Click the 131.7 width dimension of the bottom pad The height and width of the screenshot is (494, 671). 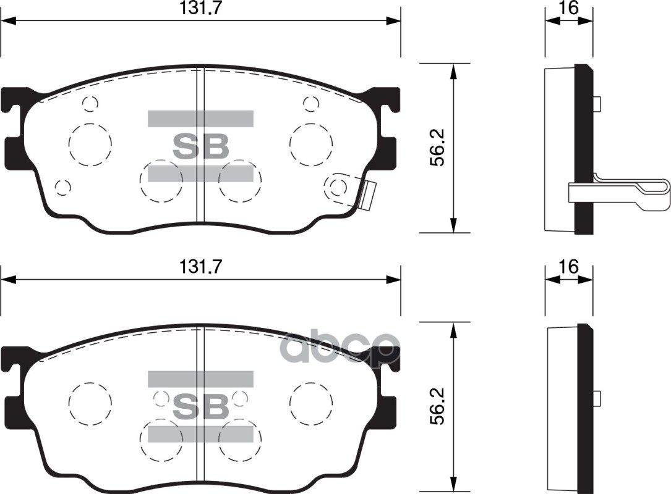pos(201,267)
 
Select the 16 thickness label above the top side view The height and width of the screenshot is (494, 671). pos(568,8)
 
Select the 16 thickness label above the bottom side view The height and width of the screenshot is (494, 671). pos(568,267)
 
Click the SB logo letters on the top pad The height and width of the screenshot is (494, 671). pos(200,146)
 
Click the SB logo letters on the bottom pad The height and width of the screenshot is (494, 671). pos(200,406)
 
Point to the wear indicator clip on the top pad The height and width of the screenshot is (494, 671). pos(367,195)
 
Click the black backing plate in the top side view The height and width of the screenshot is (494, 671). pos(583,148)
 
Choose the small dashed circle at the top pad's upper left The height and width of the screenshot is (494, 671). pos(90,104)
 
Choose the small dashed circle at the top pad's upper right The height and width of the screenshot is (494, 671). pos(311,104)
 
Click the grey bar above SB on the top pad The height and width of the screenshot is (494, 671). pos(200,119)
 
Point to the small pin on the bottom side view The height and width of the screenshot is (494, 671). pos(597,398)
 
